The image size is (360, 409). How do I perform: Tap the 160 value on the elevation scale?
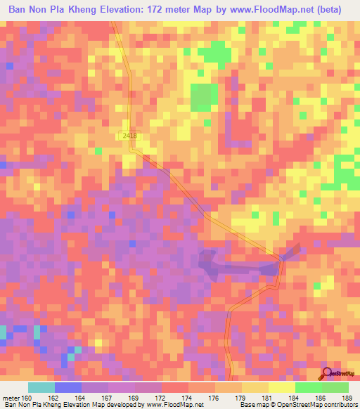[27, 397]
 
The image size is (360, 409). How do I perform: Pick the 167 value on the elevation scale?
[108, 397]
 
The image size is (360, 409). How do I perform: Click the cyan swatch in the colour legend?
[41, 387]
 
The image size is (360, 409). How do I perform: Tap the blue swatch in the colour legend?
[67, 387]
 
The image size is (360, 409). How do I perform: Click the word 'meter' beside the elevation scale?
[11, 397]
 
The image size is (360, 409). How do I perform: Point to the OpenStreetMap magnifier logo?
[327, 373]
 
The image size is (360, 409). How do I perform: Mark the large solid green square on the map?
[205, 96]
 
